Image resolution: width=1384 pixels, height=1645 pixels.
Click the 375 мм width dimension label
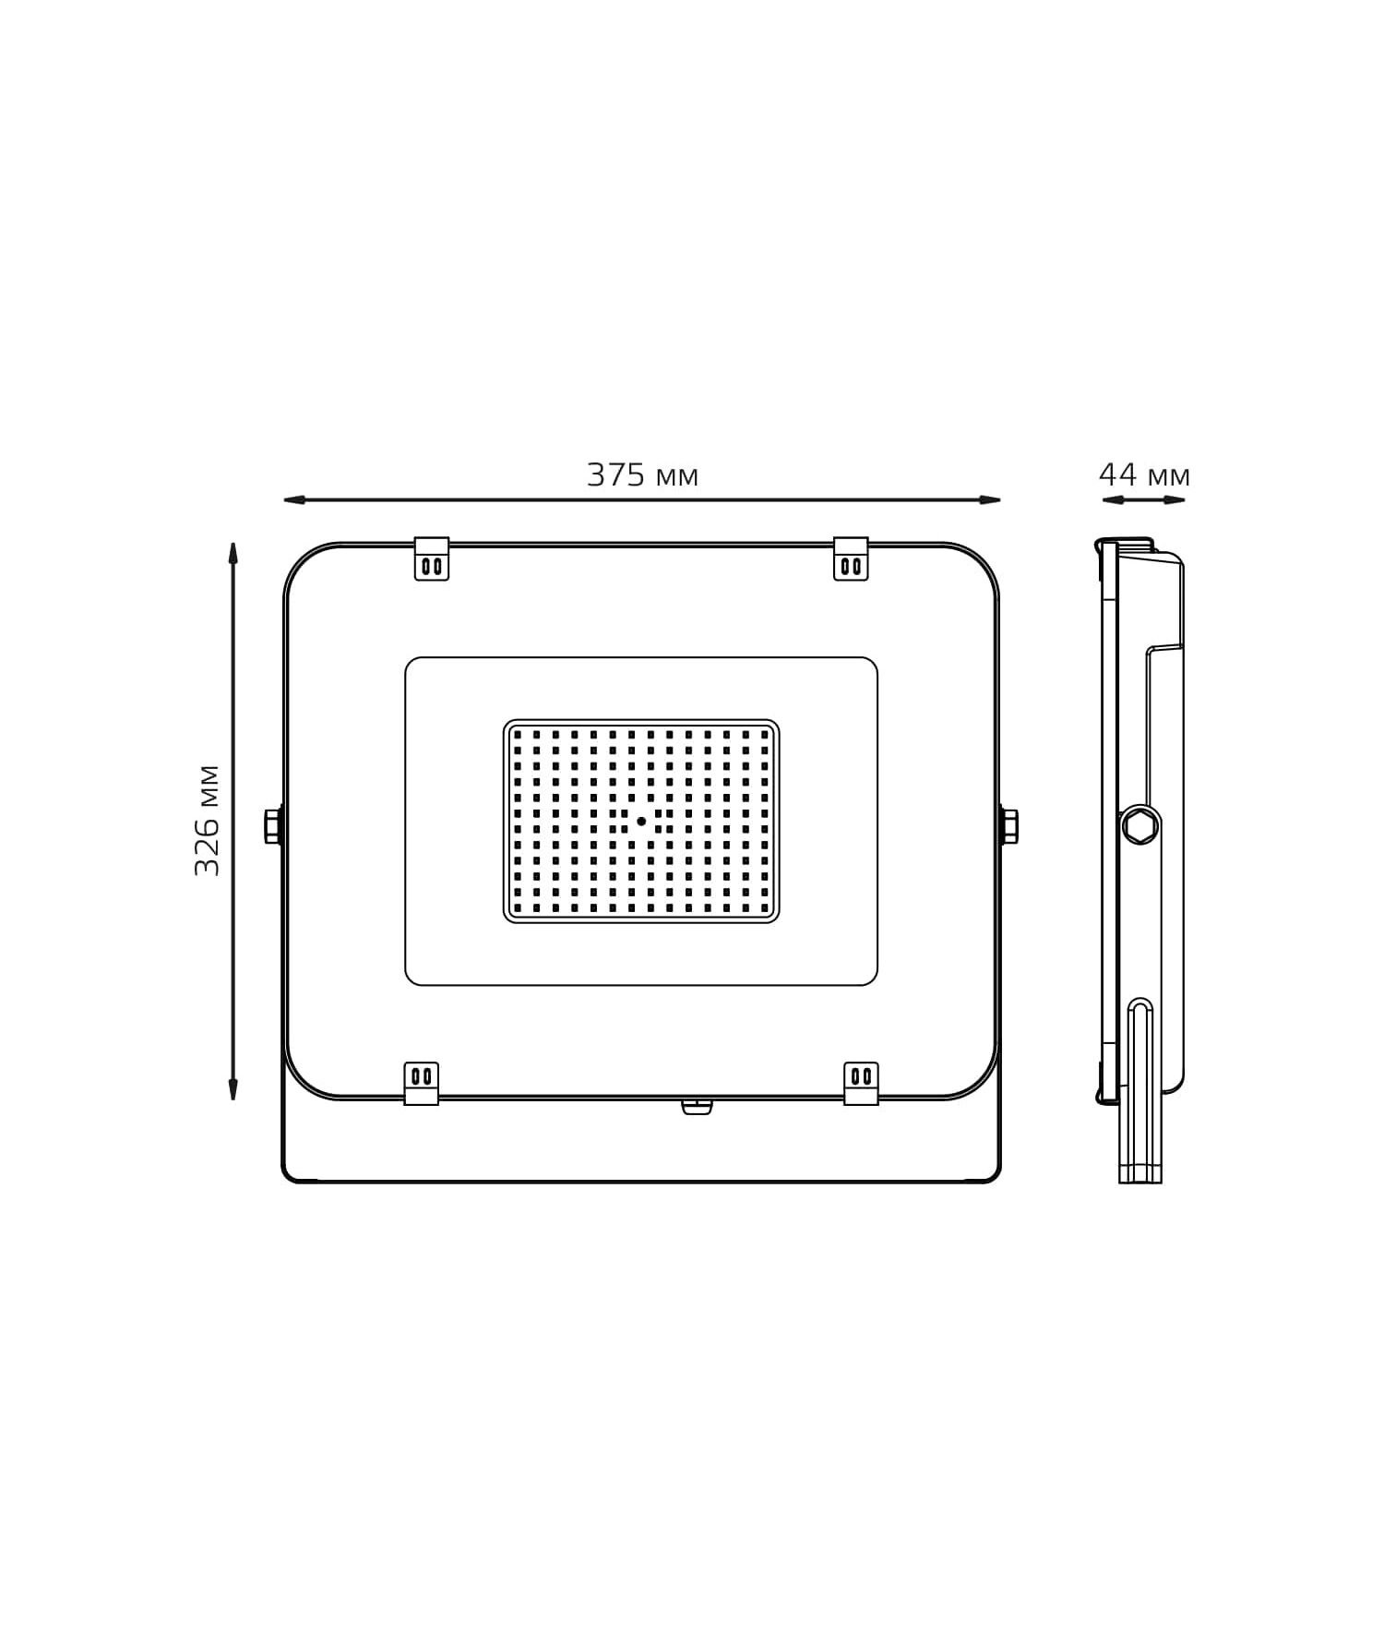643,475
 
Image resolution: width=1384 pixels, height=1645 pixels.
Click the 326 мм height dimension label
208,821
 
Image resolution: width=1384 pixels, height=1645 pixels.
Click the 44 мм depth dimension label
1144,475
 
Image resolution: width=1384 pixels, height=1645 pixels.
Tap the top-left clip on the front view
432,558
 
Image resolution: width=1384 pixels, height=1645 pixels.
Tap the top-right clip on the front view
851,558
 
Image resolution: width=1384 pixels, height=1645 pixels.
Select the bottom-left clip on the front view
422,1083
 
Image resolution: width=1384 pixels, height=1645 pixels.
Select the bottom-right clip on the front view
861,1083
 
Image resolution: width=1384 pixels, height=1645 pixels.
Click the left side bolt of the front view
273,824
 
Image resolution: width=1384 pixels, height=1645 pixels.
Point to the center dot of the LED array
641,821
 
